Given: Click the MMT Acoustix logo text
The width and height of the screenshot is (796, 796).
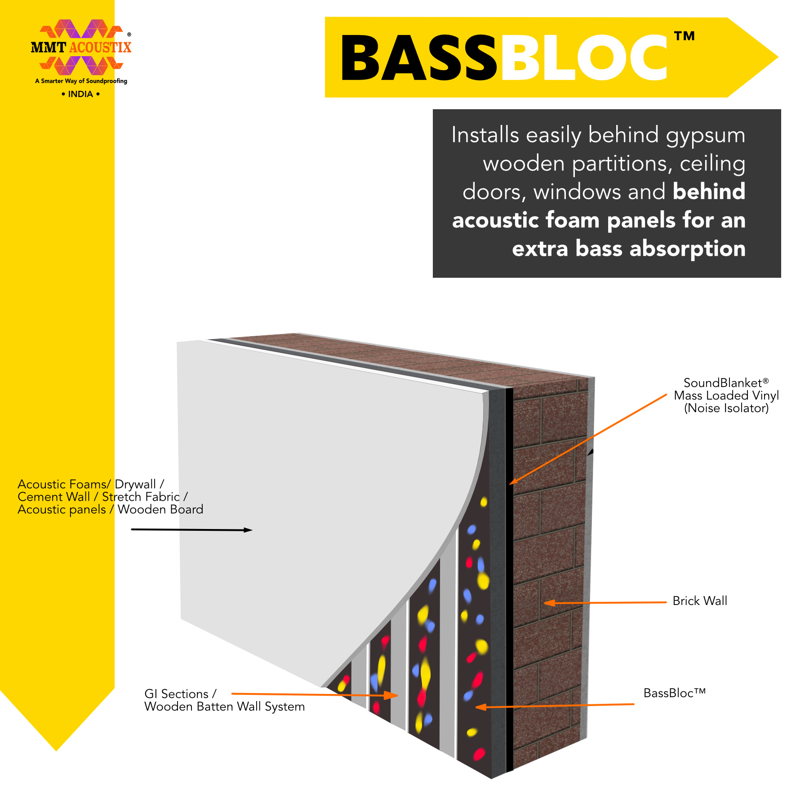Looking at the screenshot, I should pyautogui.click(x=81, y=47).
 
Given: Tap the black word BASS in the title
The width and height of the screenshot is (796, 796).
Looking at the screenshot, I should pyautogui.click(x=419, y=58).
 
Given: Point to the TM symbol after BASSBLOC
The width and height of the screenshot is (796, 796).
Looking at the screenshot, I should pyautogui.click(x=685, y=36).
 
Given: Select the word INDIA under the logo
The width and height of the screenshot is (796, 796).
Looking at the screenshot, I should pyautogui.click(x=80, y=94).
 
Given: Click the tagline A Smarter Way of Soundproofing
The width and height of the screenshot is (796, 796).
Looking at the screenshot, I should pyautogui.click(x=81, y=81).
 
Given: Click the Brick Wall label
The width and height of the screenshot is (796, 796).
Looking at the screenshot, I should pyautogui.click(x=700, y=601).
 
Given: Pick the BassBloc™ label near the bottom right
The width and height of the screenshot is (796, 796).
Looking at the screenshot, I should pyautogui.click(x=674, y=693).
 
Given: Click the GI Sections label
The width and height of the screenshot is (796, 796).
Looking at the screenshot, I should pyautogui.click(x=180, y=694).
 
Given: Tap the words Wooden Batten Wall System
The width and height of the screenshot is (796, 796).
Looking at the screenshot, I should pyautogui.click(x=224, y=707).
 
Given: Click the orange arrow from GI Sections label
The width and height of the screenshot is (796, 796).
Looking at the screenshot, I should pyautogui.click(x=315, y=695).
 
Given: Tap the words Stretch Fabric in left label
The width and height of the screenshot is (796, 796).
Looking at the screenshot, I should pyautogui.click(x=141, y=497).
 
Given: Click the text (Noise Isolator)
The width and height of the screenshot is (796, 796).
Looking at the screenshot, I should pyautogui.click(x=726, y=408).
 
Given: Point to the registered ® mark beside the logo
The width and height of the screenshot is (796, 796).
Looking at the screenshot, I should pyautogui.click(x=129, y=34).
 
